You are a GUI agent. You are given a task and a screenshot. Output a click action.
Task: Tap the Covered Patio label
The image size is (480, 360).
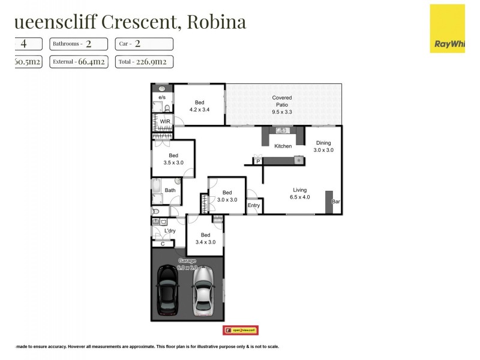[281, 104]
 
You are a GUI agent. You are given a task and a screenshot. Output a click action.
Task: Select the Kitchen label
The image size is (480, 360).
[283, 146]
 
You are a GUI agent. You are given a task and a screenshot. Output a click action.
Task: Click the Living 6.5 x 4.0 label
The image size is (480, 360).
[300, 193]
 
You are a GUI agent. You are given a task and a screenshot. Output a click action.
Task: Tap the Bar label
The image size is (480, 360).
[336, 202]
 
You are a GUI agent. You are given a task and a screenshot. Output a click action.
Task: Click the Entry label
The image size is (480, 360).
[254, 206]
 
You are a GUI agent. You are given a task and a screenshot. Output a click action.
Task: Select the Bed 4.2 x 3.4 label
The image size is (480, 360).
[199, 106]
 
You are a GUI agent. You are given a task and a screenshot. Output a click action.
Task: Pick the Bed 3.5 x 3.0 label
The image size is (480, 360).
[173, 158]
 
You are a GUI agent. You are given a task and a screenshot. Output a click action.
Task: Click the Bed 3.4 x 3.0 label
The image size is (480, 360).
[205, 238]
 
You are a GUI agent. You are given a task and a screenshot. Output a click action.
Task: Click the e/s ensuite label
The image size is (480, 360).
[161, 97]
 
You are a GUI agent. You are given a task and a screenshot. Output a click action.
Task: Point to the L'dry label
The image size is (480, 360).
[170, 231]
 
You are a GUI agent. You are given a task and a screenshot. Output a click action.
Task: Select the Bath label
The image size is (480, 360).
[170, 191]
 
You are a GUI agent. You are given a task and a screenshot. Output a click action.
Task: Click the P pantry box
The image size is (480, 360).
[258, 161]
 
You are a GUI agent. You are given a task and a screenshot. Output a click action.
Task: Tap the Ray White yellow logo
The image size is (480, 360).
[447, 28]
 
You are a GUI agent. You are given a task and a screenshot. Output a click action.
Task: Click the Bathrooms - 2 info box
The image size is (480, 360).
[78, 44]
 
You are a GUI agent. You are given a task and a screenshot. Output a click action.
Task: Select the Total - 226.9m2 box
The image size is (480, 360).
[146, 61]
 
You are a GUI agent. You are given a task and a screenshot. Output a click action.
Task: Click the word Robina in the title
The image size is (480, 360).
[217, 22]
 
